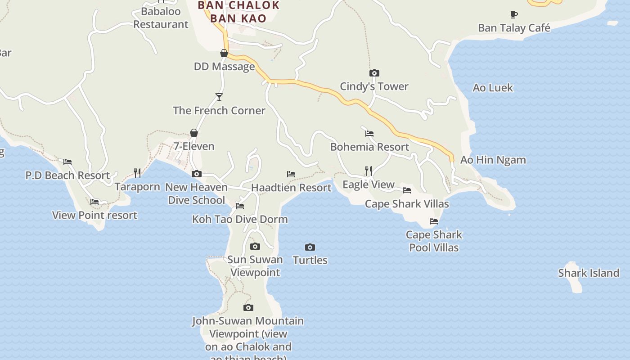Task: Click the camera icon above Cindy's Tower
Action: pyautogui.click(x=374, y=73)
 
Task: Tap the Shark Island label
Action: pyautogui.click(x=589, y=273)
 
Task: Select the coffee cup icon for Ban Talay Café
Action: pyautogui.click(x=514, y=15)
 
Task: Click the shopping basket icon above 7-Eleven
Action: pyautogui.click(x=194, y=133)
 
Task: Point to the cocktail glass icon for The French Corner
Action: pyautogui.click(x=219, y=97)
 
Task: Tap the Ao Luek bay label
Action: pyautogui.click(x=493, y=88)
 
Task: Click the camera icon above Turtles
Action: pyautogui.click(x=310, y=247)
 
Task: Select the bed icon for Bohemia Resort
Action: pyautogui.click(x=369, y=133)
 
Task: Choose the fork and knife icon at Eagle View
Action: pyautogui.click(x=369, y=171)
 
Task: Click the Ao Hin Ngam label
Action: pyautogui.click(x=493, y=160)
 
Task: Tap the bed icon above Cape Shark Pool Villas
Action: pyautogui.click(x=434, y=221)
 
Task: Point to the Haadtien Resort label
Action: pyautogui.click(x=291, y=188)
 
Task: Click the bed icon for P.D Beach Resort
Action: pyautogui.click(x=67, y=162)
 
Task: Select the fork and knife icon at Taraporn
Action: pyautogui.click(x=137, y=173)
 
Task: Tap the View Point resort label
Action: pyautogui.click(x=94, y=215)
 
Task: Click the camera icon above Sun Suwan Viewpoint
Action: pyautogui.click(x=255, y=246)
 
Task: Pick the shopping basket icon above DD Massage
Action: pyautogui.click(x=224, y=53)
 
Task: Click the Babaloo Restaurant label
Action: pyautogui.click(x=161, y=18)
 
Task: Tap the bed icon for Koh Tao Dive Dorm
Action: pyautogui.click(x=240, y=206)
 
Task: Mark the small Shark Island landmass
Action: pyautogui.click(x=573, y=279)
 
